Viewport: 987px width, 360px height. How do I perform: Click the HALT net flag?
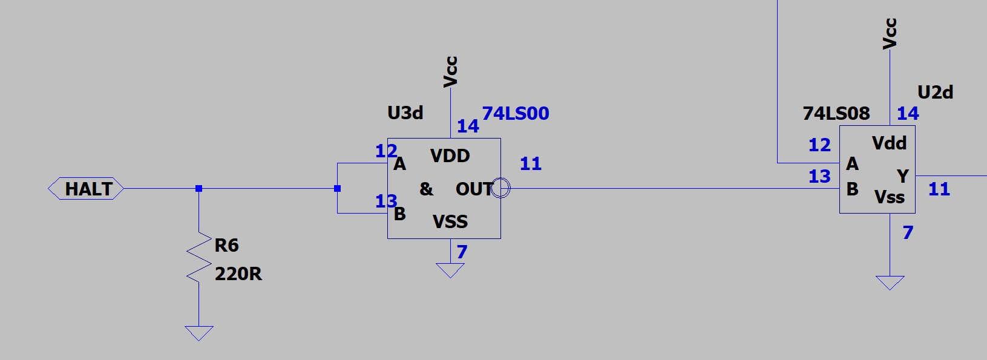click(x=87, y=189)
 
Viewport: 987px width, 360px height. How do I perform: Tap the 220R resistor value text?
click(x=238, y=274)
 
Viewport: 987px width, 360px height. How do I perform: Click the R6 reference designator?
click(x=226, y=245)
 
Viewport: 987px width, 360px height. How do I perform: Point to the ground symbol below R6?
click(x=198, y=333)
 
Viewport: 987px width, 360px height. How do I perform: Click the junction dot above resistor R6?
click(x=198, y=189)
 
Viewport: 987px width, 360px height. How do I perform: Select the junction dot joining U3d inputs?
click(x=337, y=189)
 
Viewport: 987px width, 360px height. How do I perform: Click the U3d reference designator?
click(x=405, y=113)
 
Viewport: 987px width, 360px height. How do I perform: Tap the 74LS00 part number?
click(x=515, y=113)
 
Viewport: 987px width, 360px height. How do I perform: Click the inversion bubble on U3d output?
click(x=501, y=188)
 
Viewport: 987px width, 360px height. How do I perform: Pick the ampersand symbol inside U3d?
click(x=426, y=189)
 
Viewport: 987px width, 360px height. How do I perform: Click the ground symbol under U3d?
click(x=450, y=270)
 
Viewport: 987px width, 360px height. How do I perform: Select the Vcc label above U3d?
click(x=450, y=71)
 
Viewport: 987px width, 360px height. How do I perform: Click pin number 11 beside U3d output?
click(x=530, y=164)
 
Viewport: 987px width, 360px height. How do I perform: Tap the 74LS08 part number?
click(x=836, y=113)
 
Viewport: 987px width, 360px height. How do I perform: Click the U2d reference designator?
click(x=935, y=93)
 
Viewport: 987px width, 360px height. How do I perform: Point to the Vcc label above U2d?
click(x=890, y=33)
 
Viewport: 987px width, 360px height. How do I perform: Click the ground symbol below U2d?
click(x=890, y=283)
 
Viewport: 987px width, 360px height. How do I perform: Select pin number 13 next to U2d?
click(x=819, y=177)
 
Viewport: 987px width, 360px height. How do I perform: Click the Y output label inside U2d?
click(x=902, y=176)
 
